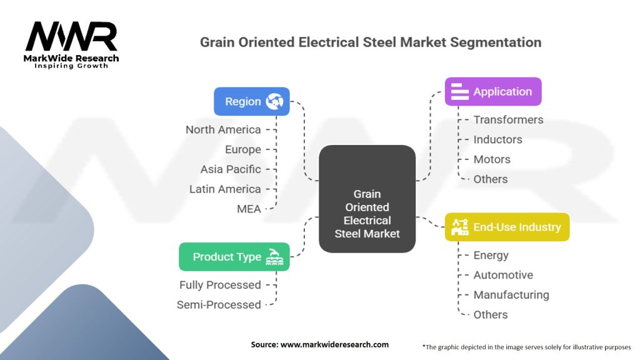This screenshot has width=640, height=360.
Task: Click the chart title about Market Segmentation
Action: click(x=370, y=43)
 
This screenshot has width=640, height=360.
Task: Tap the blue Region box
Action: click(x=252, y=101)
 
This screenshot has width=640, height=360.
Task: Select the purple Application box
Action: click(x=492, y=92)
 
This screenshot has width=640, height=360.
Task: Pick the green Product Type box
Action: click(x=234, y=257)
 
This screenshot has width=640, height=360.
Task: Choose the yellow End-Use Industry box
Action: click(x=507, y=227)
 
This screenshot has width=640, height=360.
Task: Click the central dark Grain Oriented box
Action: click(x=367, y=199)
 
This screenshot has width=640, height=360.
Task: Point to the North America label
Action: click(x=223, y=130)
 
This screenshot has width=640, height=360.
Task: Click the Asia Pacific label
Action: click(x=231, y=169)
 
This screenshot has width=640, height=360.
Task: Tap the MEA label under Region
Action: click(x=249, y=209)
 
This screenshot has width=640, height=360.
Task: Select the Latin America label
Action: click(x=225, y=189)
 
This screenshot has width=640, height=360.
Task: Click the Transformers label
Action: click(x=508, y=120)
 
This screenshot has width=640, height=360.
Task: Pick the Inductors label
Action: click(x=497, y=139)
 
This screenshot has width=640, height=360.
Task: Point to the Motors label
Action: click(x=492, y=159)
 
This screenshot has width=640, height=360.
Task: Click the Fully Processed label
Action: click(x=220, y=285)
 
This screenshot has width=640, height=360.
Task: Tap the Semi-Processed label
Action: click(x=219, y=305)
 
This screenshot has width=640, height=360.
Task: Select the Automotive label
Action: click(x=503, y=275)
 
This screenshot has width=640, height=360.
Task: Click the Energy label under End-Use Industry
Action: click(x=491, y=255)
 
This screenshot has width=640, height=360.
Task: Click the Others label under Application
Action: click(x=491, y=179)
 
